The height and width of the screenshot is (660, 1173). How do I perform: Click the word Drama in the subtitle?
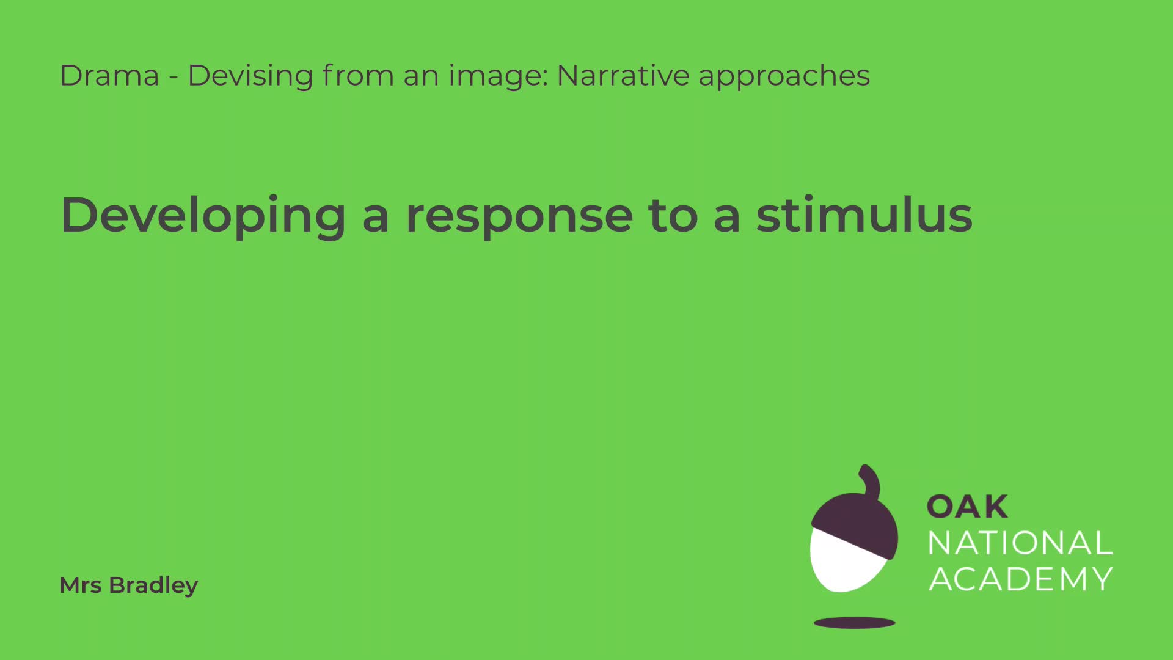click(109, 76)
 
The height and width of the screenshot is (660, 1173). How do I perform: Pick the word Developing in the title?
click(203, 216)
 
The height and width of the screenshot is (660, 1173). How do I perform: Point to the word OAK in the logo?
click(968, 507)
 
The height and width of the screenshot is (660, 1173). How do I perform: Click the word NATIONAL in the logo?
click(1020, 543)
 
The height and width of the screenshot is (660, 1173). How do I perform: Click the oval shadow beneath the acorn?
click(855, 623)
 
